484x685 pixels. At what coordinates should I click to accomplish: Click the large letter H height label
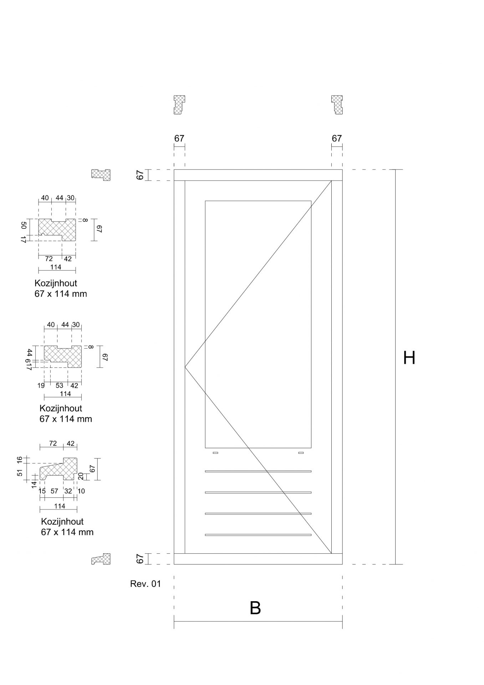tap(409, 358)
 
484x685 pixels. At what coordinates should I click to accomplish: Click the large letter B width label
tap(255, 608)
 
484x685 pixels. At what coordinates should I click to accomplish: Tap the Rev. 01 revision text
tap(146, 584)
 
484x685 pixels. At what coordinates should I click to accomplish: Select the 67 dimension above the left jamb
tap(179, 138)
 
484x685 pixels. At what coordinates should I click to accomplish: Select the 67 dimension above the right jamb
tap(337, 138)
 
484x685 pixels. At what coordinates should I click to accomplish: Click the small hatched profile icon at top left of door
tap(179, 105)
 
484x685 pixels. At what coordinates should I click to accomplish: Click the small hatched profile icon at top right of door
tap(337, 105)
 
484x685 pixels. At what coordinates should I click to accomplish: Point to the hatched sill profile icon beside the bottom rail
tap(101, 559)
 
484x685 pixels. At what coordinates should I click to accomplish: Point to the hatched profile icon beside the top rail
tap(101, 175)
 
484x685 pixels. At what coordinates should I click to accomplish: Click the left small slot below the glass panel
tap(215, 453)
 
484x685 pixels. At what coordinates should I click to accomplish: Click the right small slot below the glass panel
tap(301, 453)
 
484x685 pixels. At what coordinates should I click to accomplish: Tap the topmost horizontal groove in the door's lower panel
tap(258, 471)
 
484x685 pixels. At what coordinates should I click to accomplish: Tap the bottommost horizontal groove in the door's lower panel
tap(258, 535)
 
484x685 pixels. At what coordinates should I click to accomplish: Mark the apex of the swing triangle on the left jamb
tap(185, 367)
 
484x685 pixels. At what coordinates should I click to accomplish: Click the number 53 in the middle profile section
tap(59, 385)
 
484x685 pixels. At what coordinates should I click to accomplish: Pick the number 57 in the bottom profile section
tap(54, 491)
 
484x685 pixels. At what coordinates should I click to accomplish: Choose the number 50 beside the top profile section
tap(24, 225)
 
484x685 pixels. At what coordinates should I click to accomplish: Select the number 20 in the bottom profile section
tap(81, 476)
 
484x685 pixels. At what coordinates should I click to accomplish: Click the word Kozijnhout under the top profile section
tap(56, 283)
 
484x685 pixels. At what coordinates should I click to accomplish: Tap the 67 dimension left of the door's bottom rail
tap(140, 559)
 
